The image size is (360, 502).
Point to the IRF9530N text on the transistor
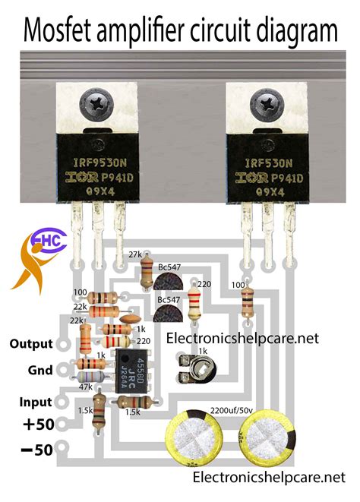tap(99, 161)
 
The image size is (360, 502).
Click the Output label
tap(31, 343)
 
